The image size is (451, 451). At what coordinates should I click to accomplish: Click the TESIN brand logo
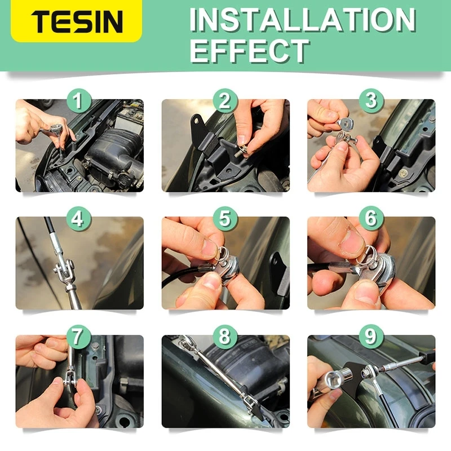(x=77, y=21)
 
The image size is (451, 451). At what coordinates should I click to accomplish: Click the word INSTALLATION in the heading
(x=303, y=20)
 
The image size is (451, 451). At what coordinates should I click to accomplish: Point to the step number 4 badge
(x=79, y=219)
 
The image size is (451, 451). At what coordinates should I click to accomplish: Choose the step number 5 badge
(x=225, y=219)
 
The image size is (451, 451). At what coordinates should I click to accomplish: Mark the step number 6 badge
(x=370, y=219)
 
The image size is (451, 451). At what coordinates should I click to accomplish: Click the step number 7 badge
(x=79, y=337)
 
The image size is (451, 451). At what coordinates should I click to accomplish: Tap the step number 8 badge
(x=225, y=337)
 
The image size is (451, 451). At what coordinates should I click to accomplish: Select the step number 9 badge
(x=370, y=337)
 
